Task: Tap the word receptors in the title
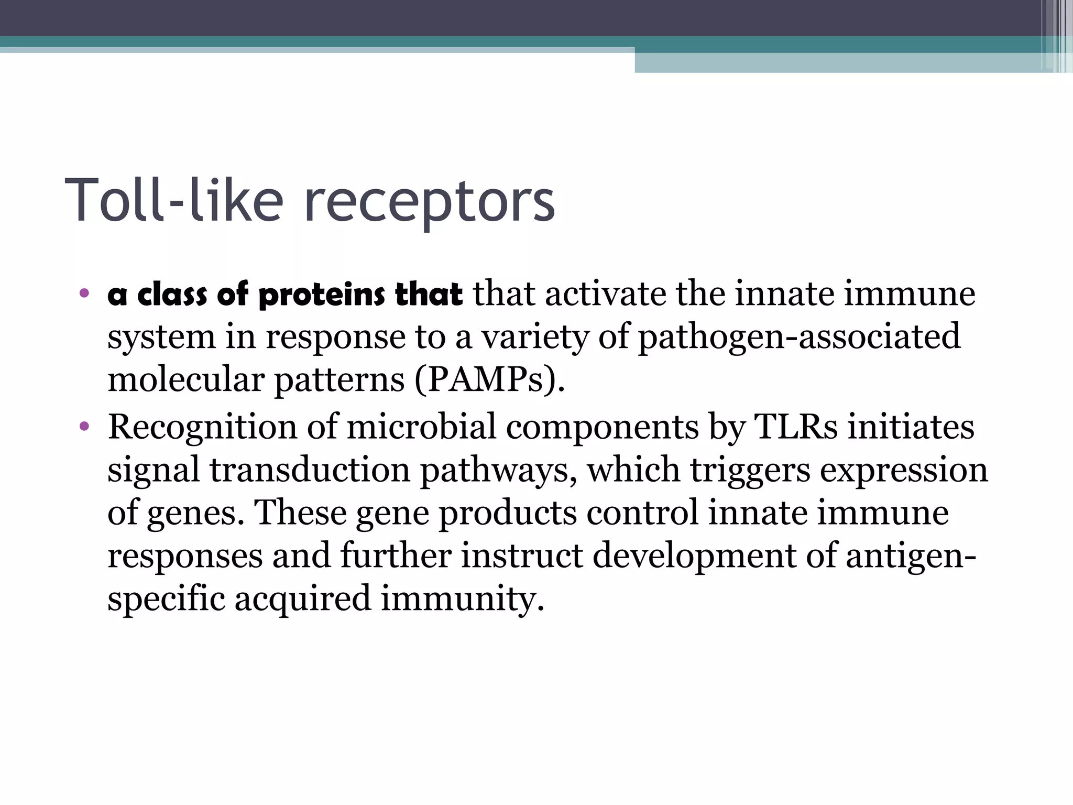click(x=429, y=202)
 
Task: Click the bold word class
click(x=172, y=295)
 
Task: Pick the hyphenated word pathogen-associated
click(x=799, y=336)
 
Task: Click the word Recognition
click(x=202, y=427)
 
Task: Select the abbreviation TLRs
click(x=796, y=427)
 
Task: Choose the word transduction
click(x=310, y=470)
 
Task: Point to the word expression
click(x=904, y=470)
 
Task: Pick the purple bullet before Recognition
click(x=84, y=427)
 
